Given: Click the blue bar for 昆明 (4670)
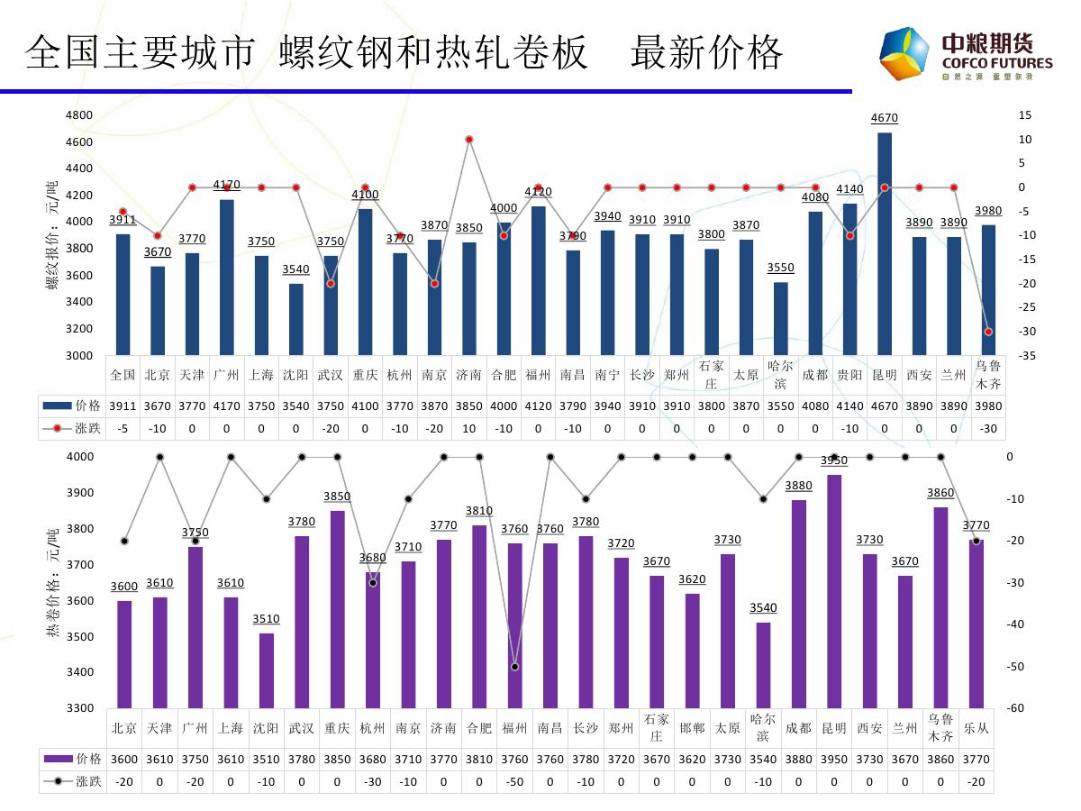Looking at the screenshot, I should click(x=885, y=243).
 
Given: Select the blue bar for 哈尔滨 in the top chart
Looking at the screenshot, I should click(x=780, y=319).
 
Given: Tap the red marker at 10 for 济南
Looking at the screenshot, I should click(x=469, y=139).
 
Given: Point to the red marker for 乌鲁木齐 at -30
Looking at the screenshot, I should click(x=988, y=332).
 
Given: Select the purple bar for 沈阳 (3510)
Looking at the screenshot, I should click(x=267, y=670).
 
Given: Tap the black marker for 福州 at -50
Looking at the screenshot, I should click(x=515, y=667).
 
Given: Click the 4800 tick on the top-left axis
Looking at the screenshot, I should click(x=79, y=115).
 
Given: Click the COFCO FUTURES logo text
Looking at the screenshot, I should click(x=996, y=63).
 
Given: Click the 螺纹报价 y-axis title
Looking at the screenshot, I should click(x=52, y=235).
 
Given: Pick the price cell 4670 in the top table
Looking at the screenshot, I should click(x=885, y=405).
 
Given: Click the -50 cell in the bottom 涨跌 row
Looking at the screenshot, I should click(x=515, y=781).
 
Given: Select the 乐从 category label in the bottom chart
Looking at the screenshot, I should click(x=977, y=728).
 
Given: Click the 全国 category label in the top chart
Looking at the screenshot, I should click(x=123, y=375).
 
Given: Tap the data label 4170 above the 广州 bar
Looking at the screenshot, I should click(x=226, y=185).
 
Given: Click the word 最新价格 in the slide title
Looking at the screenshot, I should click(x=707, y=54).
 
